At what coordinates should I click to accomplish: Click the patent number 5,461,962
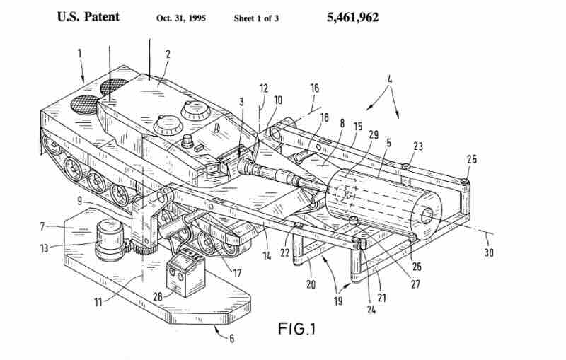(352, 17)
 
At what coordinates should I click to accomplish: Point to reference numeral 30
(488, 252)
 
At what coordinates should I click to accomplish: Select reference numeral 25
(472, 160)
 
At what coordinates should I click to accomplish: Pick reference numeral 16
(315, 88)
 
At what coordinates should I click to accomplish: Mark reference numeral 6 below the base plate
(231, 338)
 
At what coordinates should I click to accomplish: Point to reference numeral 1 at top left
(79, 53)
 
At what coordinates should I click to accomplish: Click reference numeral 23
(418, 147)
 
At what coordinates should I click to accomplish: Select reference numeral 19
(338, 301)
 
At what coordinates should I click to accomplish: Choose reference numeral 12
(263, 88)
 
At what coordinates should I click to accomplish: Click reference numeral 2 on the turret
(168, 53)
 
